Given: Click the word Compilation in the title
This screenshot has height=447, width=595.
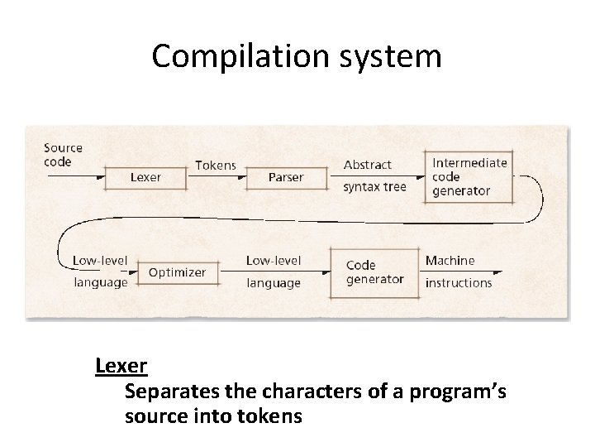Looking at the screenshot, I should click(x=228, y=56).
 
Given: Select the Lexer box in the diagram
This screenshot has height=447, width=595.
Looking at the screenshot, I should click(x=145, y=177).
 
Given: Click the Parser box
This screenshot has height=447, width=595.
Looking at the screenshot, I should click(x=286, y=177).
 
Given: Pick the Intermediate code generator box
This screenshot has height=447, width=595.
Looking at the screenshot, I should click(x=469, y=176).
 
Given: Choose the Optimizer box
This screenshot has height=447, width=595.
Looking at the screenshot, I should click(x=177, y=272).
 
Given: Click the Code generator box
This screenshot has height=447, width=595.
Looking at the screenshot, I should click(x=374, y=272).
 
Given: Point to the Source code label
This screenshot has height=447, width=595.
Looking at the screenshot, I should click(x=63, y=155).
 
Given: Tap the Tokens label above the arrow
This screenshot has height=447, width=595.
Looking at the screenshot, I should click(x=215, y=166).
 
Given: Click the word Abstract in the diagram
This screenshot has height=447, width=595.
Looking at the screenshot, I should click(x=368, y=165).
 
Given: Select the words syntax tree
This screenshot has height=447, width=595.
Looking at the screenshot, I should click(x=374, y=187).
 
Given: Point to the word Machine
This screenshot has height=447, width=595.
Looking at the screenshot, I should click(x=450, y=261).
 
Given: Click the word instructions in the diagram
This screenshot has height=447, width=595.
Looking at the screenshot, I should click(x=458, y=283).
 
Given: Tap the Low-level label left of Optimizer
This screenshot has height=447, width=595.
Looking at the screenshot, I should click(x=100, y=261).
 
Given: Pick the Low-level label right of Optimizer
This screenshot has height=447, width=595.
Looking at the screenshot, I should click(x=274, y=261).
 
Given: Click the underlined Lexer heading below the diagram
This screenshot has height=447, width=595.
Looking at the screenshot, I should click(x=121, y=365).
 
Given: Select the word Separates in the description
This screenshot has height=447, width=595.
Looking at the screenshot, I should click(x=166, y=391).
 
